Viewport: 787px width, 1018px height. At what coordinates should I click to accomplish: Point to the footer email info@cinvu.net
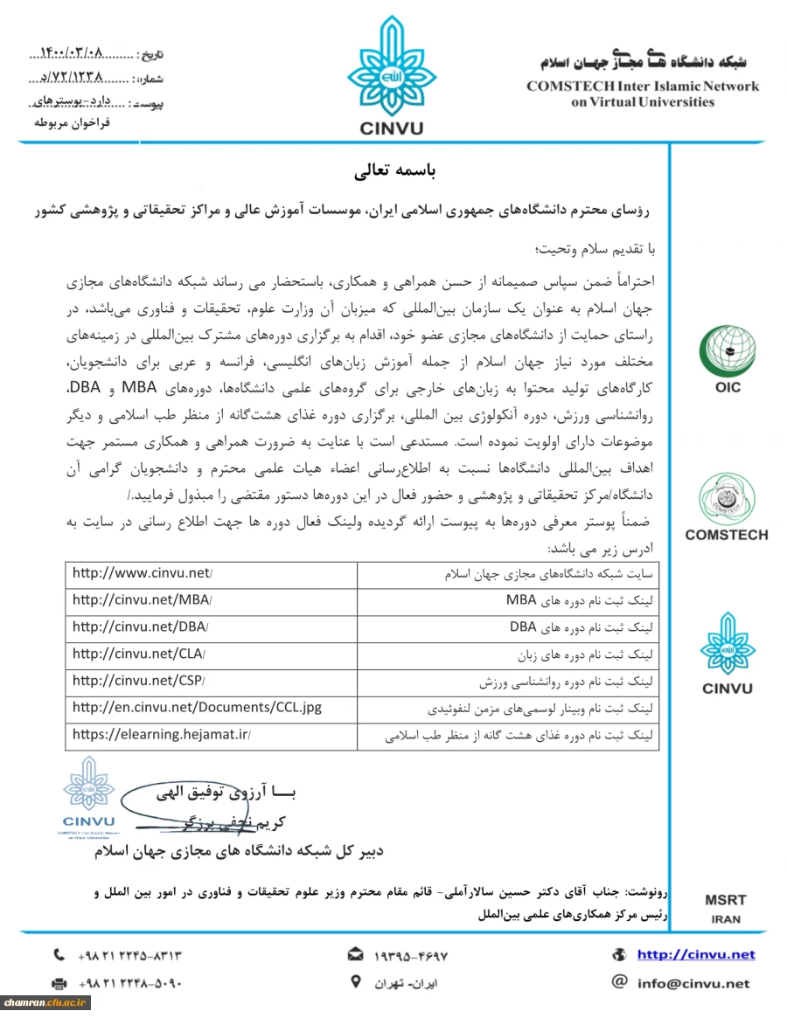693,983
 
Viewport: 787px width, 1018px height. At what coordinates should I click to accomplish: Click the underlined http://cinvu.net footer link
695,955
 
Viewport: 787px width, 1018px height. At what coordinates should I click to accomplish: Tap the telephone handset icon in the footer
59,955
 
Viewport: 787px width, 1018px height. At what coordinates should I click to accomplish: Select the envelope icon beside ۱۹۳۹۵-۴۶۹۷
356,954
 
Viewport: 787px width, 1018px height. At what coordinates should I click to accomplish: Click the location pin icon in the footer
355,981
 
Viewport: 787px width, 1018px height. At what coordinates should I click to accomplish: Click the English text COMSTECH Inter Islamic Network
642,87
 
